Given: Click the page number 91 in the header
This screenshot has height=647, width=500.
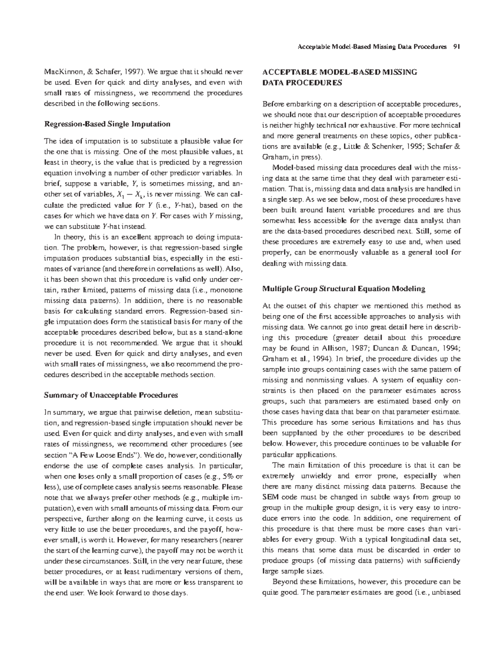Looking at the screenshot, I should point(456,47).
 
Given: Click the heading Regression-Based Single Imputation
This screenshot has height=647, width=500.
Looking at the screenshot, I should point(107,124).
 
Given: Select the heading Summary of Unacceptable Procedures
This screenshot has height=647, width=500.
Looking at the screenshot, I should point(111,395).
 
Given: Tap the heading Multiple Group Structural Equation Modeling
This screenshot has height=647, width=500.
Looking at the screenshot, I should point(344,288).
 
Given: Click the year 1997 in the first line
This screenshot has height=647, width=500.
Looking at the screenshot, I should point(130,72).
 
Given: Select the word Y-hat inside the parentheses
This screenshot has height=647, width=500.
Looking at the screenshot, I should point(184,205).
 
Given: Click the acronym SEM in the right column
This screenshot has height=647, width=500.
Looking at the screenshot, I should point(270,497).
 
